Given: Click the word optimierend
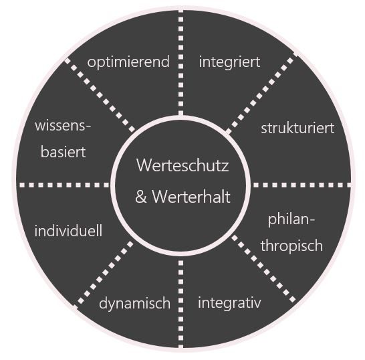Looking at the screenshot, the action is (x=128, y=62).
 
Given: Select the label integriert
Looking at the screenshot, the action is (x=229, y=62).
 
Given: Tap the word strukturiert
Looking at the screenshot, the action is (x=297, y=128).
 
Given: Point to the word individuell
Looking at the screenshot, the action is (x=68, y=230).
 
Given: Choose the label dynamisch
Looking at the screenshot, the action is (x=134, y=304).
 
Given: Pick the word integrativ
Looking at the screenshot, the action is (x=229, y=303).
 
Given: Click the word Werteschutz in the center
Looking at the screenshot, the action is (x=182, y=165).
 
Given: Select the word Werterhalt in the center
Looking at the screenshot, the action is (x=191, y=197).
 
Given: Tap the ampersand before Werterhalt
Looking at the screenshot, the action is (x=141, y=197).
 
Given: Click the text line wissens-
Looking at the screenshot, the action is (x=63, y=126).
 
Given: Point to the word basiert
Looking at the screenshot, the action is (x=63, y=152).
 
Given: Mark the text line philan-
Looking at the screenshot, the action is (x=291, y=219).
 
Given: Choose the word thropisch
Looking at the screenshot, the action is (x=291, y=246).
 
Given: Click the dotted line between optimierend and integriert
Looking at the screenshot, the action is (x=181, y=63).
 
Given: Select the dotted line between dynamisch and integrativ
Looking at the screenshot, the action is (x=181, y=304).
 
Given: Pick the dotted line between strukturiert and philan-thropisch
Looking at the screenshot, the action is (x=302, y=185).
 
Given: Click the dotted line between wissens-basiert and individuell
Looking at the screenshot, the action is (x=64, y=185).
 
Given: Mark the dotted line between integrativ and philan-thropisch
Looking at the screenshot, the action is (x=263, y=268).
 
